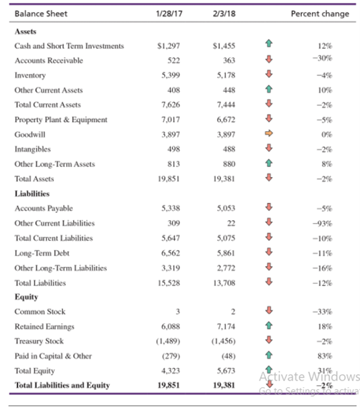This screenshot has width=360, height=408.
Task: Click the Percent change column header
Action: click(x=319, y=14)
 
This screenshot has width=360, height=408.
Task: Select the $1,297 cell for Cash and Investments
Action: click(x=168, y=46)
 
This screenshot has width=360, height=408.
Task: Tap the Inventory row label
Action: click(x=29, y=75)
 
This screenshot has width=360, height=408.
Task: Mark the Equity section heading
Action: click(x=27, y=297)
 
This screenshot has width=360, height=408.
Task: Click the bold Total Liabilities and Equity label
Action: click(x=62, y=386)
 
